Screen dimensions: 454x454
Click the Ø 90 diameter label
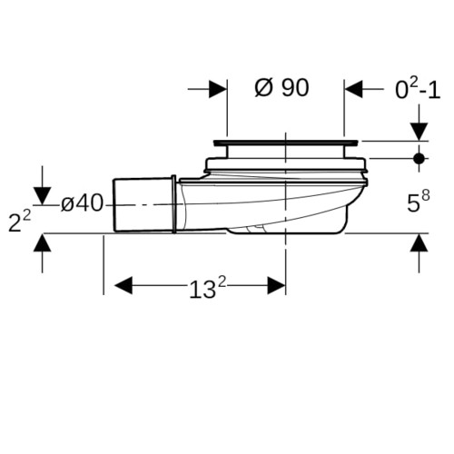281,88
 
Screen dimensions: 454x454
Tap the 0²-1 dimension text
418,88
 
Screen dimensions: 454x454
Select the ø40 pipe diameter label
82,203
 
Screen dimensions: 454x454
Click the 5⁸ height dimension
419,202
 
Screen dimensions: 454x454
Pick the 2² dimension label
19,222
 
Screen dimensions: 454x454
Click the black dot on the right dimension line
419,158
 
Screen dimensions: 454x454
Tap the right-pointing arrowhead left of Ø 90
218,89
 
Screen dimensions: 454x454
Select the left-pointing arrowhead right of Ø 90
353,89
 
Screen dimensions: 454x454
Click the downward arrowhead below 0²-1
419,132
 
